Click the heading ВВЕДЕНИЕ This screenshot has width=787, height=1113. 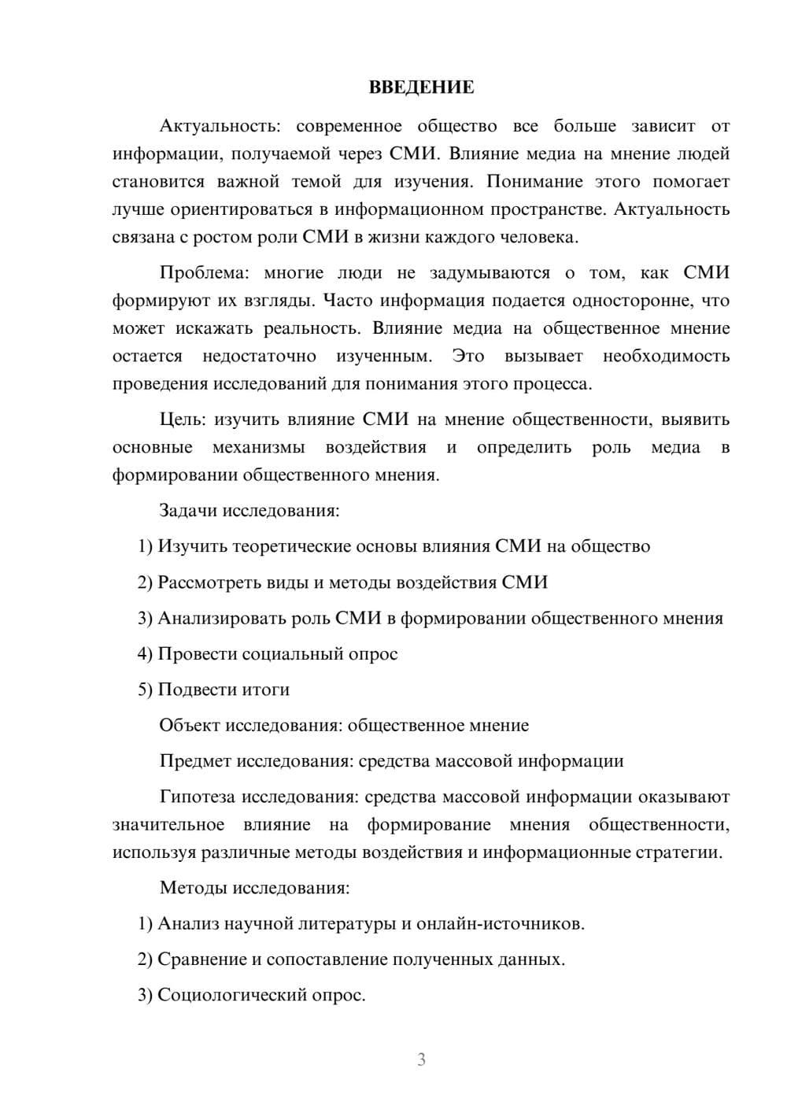coord(421,87)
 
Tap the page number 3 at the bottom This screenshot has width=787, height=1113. coord(421,1059)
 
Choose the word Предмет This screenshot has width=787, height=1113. coord(195,761)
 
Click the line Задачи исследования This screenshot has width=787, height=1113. coord(249,510)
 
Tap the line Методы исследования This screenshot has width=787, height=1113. coord(254,888)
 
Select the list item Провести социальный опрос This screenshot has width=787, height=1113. coord(268,653)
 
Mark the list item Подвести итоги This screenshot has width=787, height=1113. coord(214,690)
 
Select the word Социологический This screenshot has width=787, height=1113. coord(230,995)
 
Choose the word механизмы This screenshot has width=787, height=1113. coord(259,447)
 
